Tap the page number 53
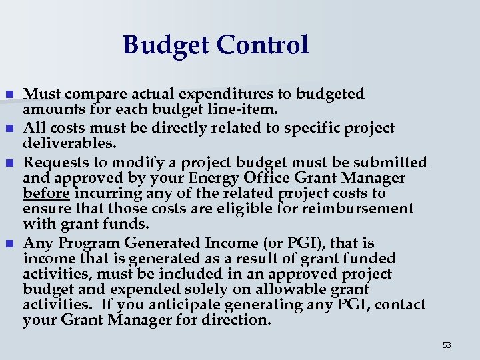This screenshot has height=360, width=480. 447,345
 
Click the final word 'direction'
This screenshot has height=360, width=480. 237,320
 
